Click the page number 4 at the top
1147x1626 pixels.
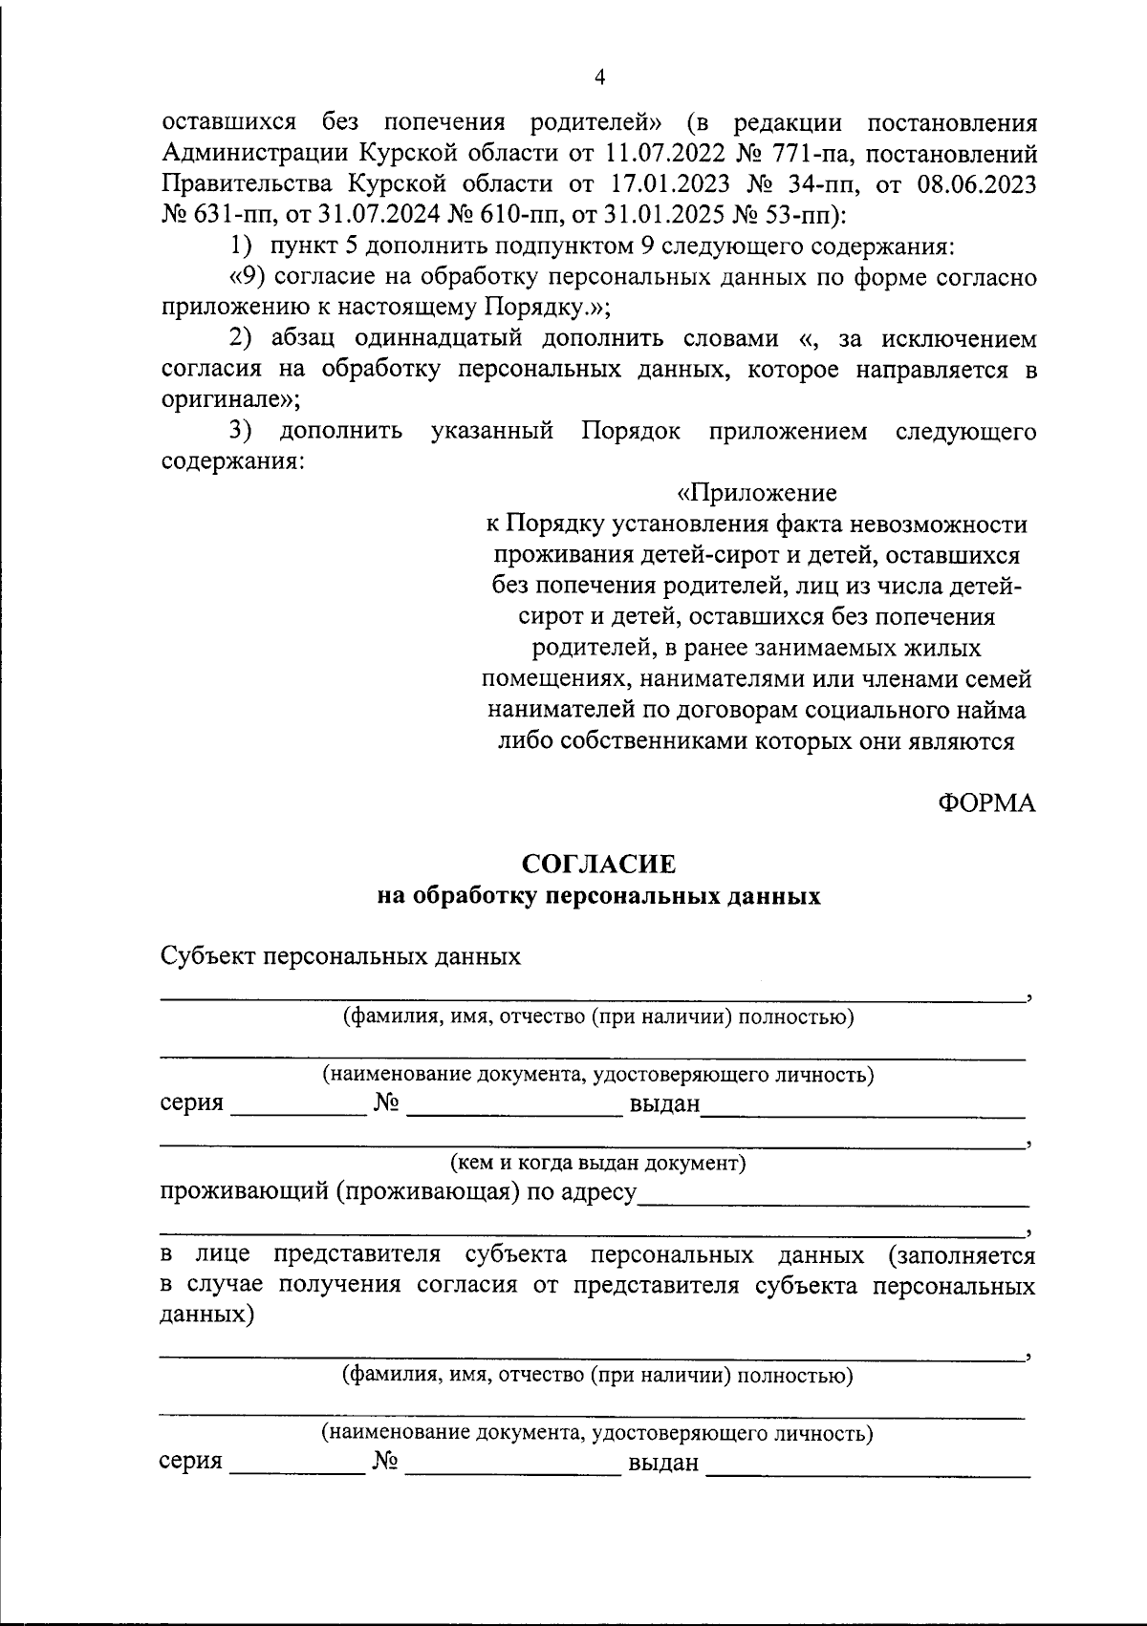[x=599, y=77]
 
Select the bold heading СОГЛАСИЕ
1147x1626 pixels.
[x=598, y=865]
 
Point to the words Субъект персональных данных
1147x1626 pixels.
[x=341, y=956]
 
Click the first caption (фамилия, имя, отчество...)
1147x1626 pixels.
[x=598, y=1016]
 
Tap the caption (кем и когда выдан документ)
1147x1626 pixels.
[x=598, y=1163]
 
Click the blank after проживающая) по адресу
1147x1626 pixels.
[x=832, y=1200]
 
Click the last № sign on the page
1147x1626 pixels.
[x=385, y=1463]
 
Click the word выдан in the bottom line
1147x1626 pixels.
[x=662, y=1464]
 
